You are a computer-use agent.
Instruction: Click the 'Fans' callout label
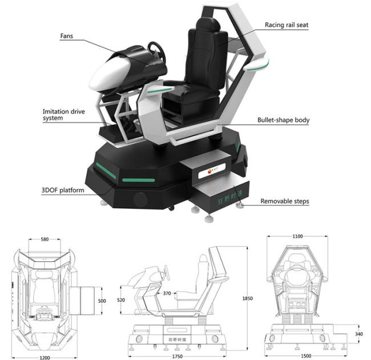click(68, 36)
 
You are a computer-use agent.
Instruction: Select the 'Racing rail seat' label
click(285, 25)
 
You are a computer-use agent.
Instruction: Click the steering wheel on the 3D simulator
click(157, 52)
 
